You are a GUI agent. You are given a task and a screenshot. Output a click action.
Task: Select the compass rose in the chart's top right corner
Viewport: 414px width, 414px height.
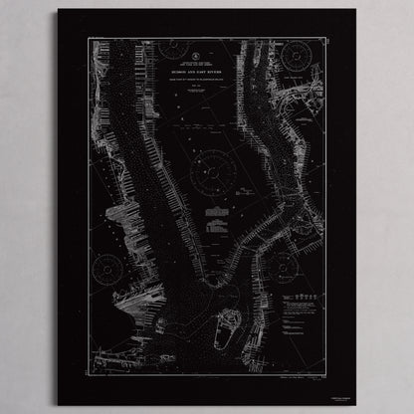pos(297,56)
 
